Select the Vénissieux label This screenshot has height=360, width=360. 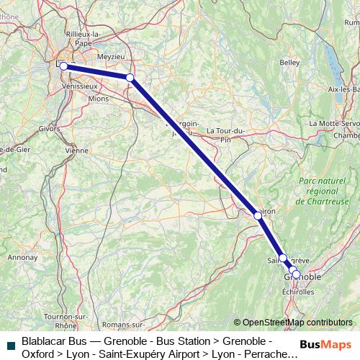[81, 86]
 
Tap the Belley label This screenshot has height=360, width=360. [289, 63]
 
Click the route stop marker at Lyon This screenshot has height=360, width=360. [63, 66]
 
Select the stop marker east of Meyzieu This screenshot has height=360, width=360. [130, 77]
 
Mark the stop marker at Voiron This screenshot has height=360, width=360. [258, 215]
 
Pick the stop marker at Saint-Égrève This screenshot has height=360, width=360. [283, 258]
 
